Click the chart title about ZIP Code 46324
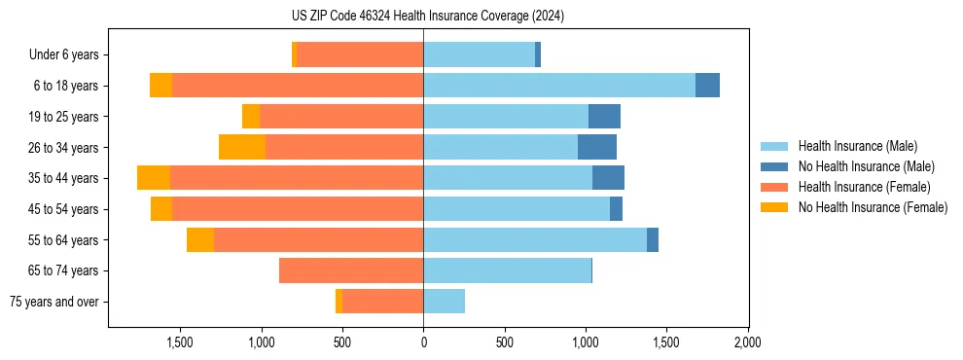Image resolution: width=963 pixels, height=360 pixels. point(427,16)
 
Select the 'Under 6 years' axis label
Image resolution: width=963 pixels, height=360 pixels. point(63,54)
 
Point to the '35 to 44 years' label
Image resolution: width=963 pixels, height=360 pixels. point(63,178)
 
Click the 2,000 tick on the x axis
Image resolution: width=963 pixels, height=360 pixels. point(747,342)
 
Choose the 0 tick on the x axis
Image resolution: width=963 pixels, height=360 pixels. point(423,342)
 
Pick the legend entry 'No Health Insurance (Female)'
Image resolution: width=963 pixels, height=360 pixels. point(873,207)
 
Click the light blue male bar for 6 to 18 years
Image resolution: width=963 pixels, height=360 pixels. point(559,86)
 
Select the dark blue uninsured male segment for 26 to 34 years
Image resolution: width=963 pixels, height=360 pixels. point(597,147)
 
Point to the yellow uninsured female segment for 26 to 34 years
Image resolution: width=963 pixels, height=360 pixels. point(242,147)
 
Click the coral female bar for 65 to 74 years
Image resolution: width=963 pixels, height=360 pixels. point(351,270)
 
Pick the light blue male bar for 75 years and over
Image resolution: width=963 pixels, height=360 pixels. point(444,302)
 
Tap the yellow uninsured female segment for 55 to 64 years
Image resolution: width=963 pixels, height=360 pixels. point(200,239)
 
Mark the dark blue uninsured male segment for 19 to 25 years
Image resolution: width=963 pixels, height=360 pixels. point(604,117)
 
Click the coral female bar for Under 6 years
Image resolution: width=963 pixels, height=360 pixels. point(360,54)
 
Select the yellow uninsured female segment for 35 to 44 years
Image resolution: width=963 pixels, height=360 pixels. point(154,178)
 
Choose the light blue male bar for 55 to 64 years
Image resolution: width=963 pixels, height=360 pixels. point(535,239)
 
